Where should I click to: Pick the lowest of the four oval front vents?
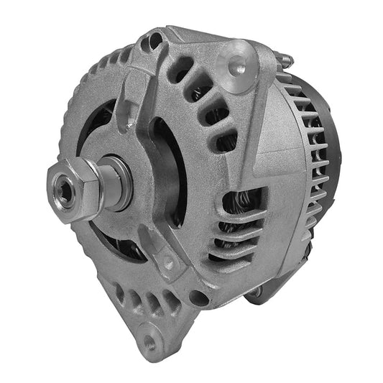tap(226, 141)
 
